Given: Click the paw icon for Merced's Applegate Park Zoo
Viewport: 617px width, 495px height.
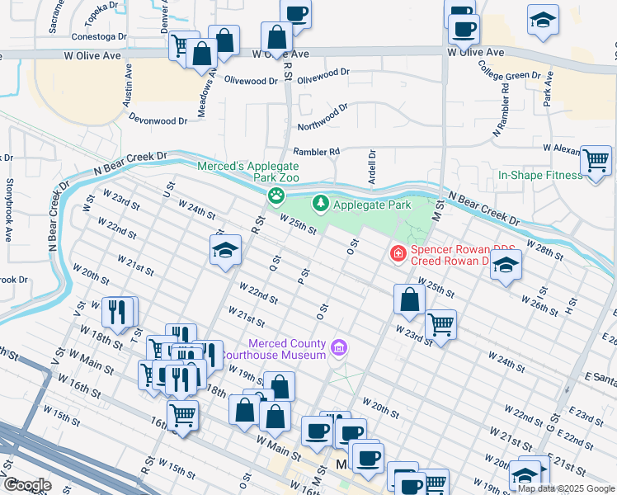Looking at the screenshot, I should click(x=276, y=196).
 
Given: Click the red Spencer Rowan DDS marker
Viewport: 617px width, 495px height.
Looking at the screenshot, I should click(x=398, y=253).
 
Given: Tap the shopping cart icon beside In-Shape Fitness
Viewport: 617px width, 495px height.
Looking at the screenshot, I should click(x=595, y=160).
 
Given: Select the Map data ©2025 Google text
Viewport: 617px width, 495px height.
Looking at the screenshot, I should click(x=566, y=488).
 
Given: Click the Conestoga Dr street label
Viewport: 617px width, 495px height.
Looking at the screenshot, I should click(x=99, y=36).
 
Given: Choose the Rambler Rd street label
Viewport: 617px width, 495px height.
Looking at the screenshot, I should click(x=317, y=152).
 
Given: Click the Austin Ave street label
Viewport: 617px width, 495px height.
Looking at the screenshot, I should click(x=128, y=87).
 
